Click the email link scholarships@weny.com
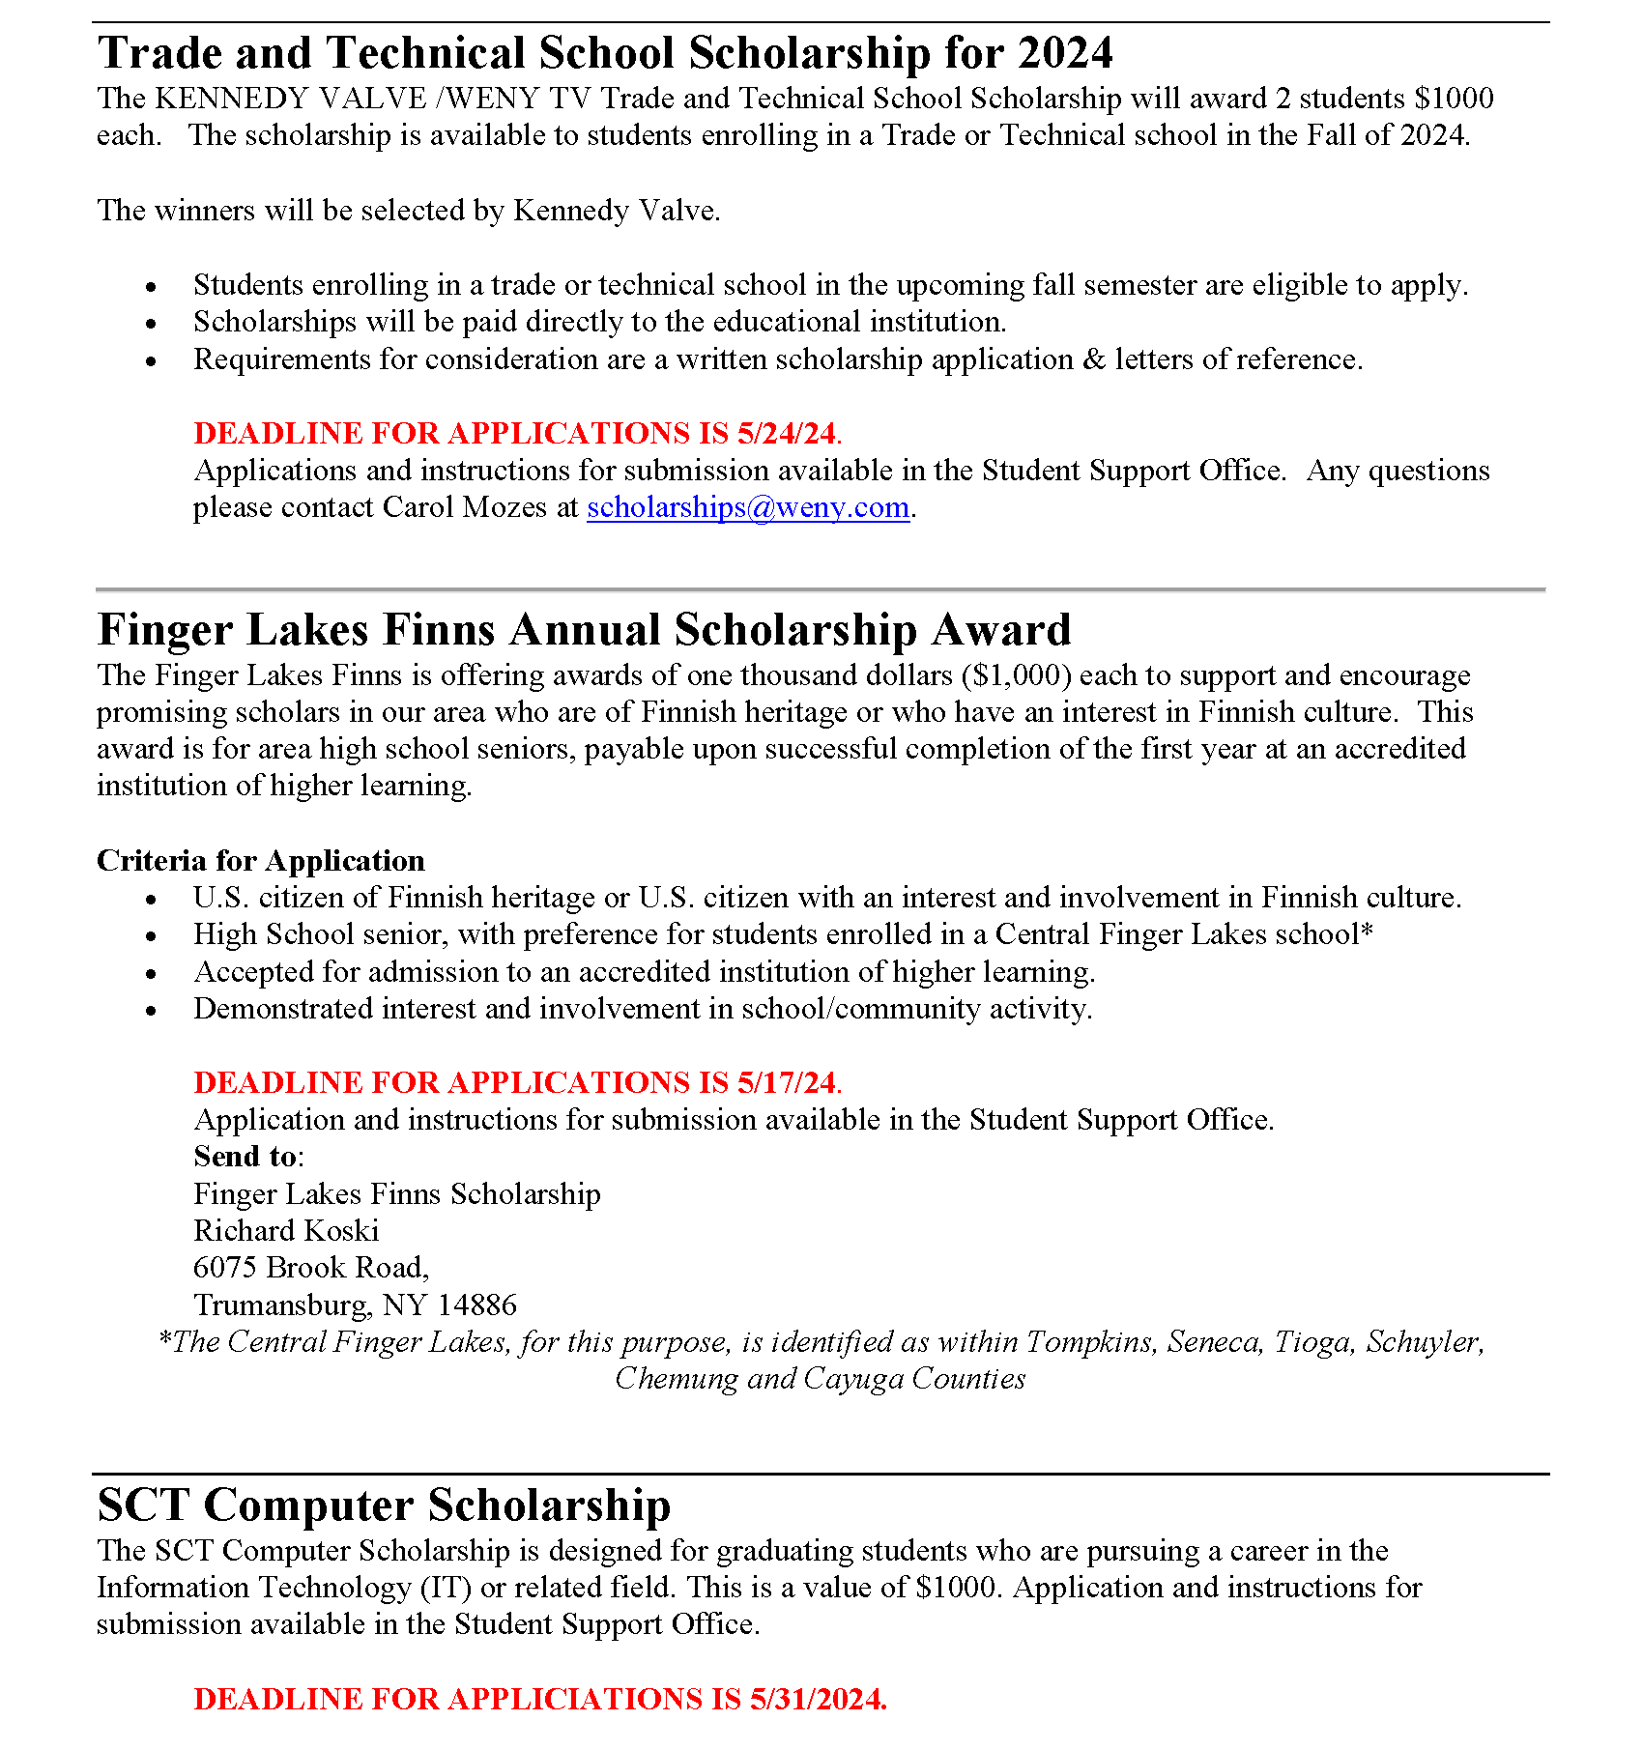pyautogui.click(x=748, y=507)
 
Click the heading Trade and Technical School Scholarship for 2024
pyautogui.click(x=605, y=53)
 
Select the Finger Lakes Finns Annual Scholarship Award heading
pyautogui.click(x=584, y=630)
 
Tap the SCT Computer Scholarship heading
pyautogui.click(x=384, y=1505)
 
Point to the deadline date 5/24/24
pyautogui.click(x=786, y=434)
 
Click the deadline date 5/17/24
pyautogui.click(x=786, y=1082)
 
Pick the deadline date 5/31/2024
pyautogui.click(x=818, y=1699)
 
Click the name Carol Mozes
pyautogui.click(x=465, y=507)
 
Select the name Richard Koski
pyautogui.click(x=286, y=1231)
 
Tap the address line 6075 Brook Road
pyautogui.click(x=310, y=1268)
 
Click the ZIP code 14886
pyautogui.click(x=476, y=1305)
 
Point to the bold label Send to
pyautogui.click(x=245, y=1157)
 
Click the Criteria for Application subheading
pyautogui.click(x=261, y=861)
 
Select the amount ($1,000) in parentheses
pyautogui.click(x=1017, y=675)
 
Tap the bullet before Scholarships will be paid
pyautogui.click(x=151, y=324)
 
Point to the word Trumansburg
pyautogui.click(x=281, y=1305)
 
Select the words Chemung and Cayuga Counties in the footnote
pyautogui.click(x=820, y=1379)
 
